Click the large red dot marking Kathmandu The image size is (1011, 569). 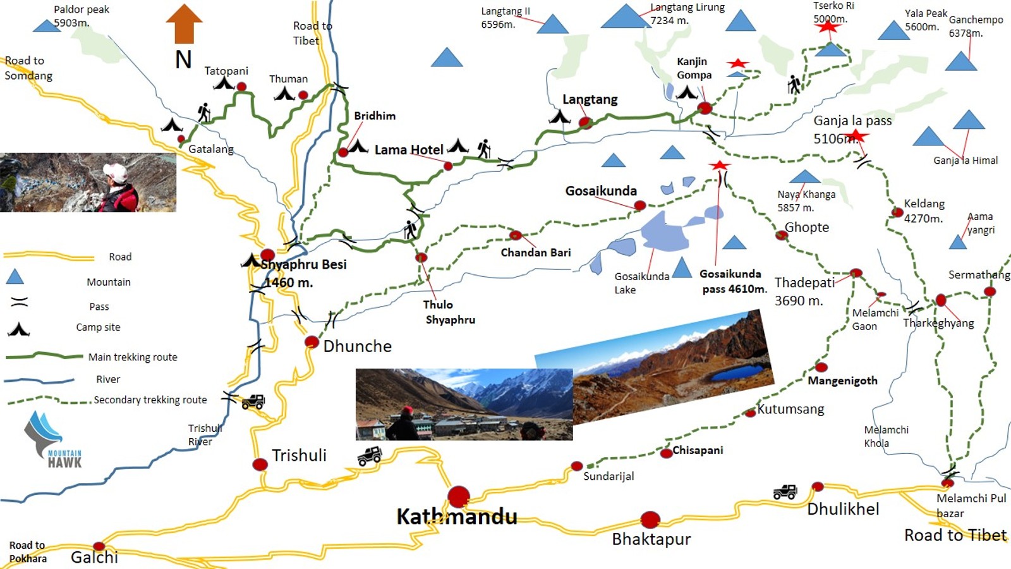[459, 497]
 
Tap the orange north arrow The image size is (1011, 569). [184, 24]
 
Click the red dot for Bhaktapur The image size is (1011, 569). [650, 520]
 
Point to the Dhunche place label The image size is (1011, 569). [357, 346]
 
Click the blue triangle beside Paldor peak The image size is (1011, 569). [46, 26]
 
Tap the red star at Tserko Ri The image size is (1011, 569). [828, 26]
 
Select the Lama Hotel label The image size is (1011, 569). [409, 150]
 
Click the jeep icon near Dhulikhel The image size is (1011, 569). [785, 492]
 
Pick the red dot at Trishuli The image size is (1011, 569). [260, 465]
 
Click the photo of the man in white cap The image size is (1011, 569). [88, 182]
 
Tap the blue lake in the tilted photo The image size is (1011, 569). [737, 373]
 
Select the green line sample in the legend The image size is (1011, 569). [44, 356]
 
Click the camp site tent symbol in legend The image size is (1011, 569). [19, 329]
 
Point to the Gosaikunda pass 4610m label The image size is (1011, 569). [732, 281]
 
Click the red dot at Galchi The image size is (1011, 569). [99, 546]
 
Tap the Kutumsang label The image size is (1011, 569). [790, 409]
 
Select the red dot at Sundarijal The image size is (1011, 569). [576, 467]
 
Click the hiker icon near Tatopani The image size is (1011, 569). [203, 113]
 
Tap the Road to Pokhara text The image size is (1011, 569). [27, 551]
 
